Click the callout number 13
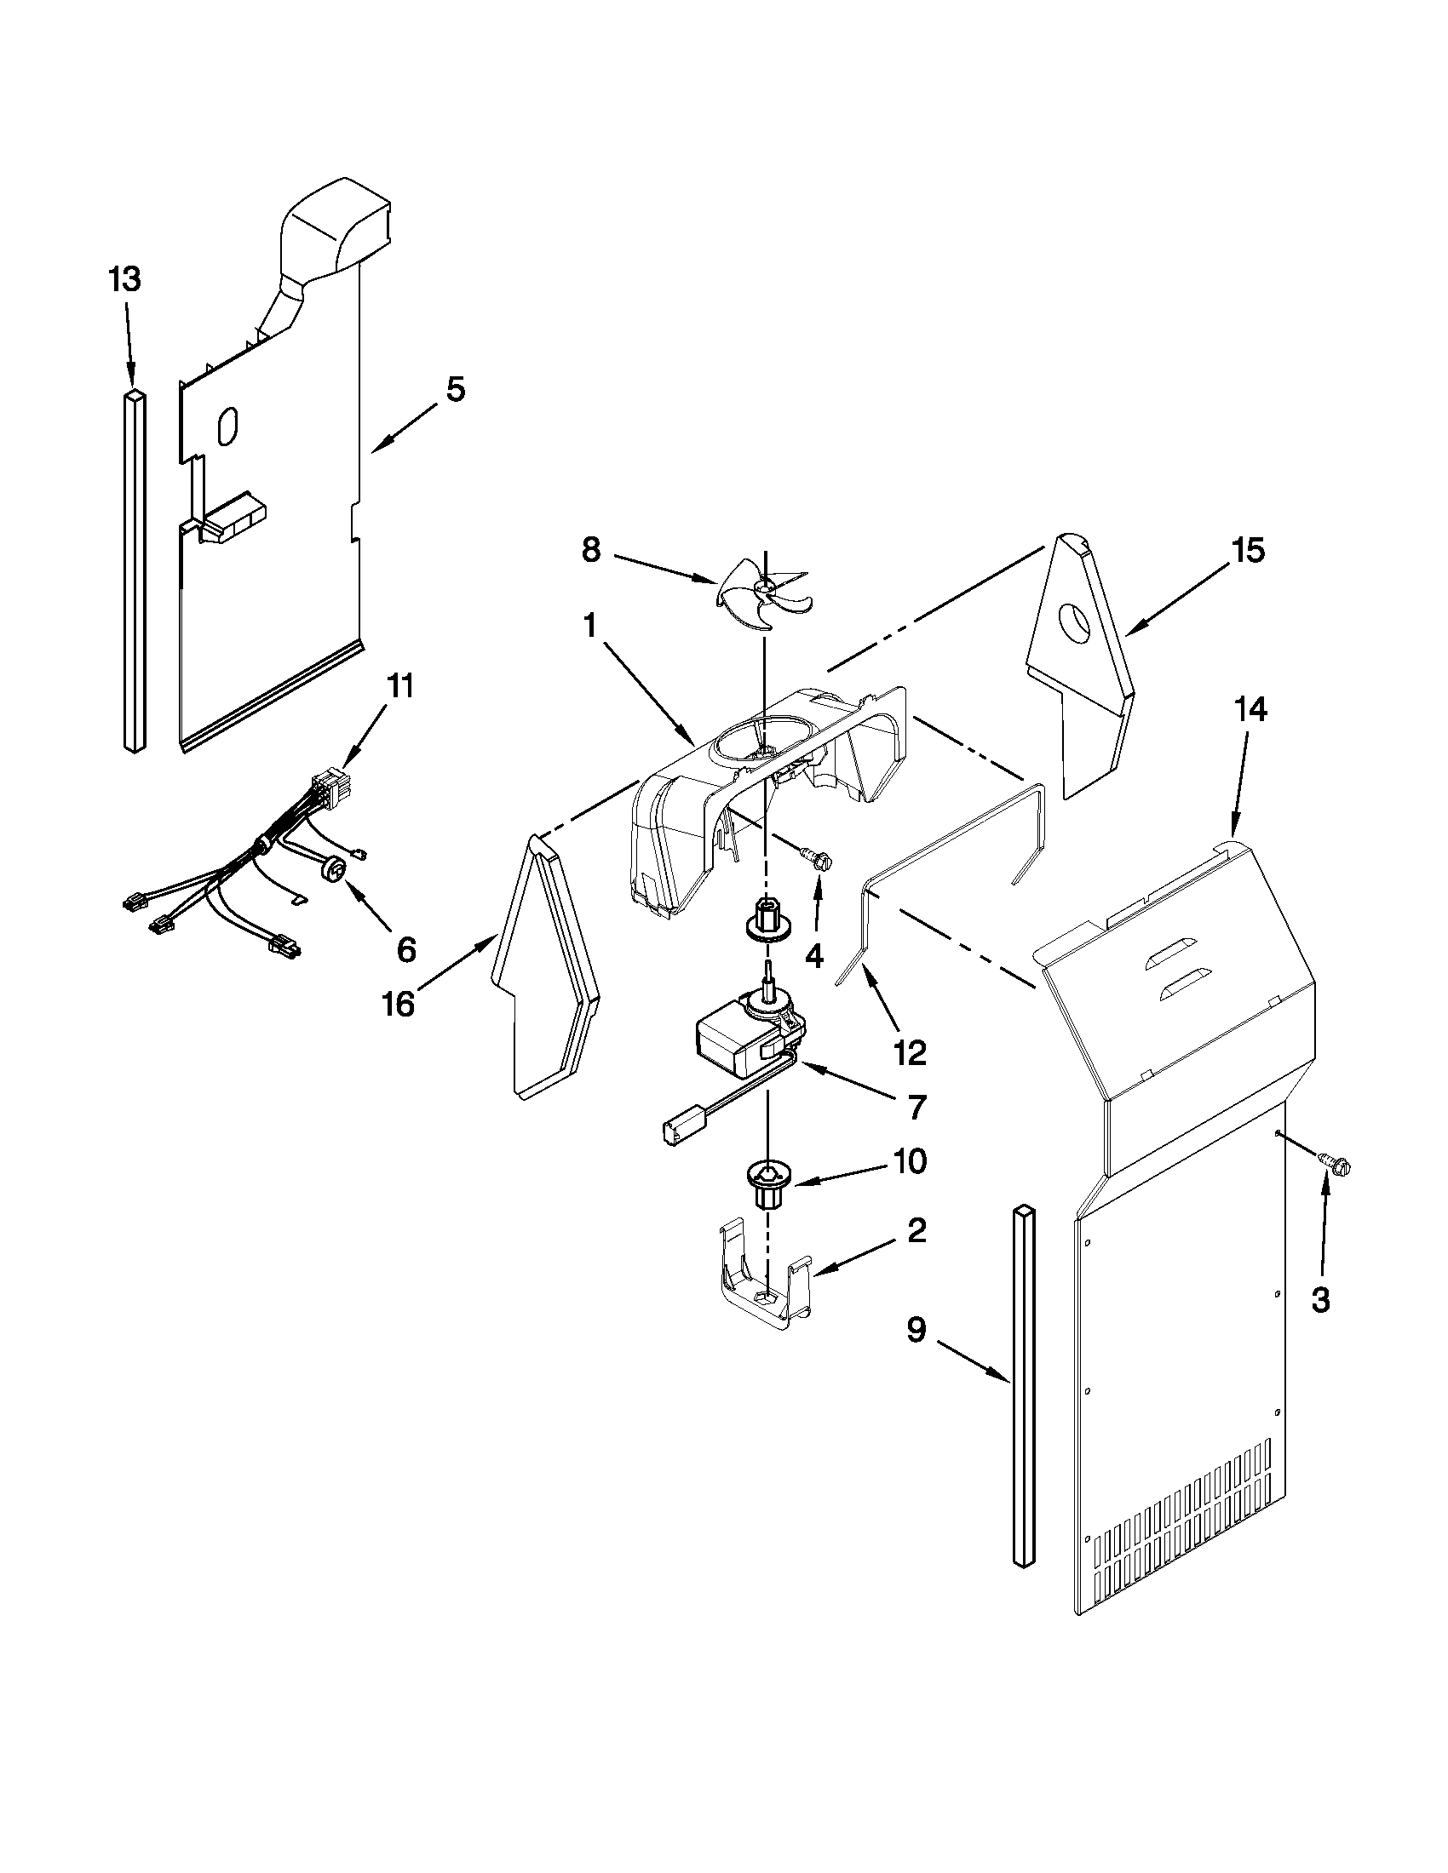tap(125, 279)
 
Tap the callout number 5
tap(456, 389)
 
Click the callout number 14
tap(1250, 709)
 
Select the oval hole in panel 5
tap(227, 427)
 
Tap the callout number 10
tap(910, 1162)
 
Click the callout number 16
tap(398, 1005)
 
